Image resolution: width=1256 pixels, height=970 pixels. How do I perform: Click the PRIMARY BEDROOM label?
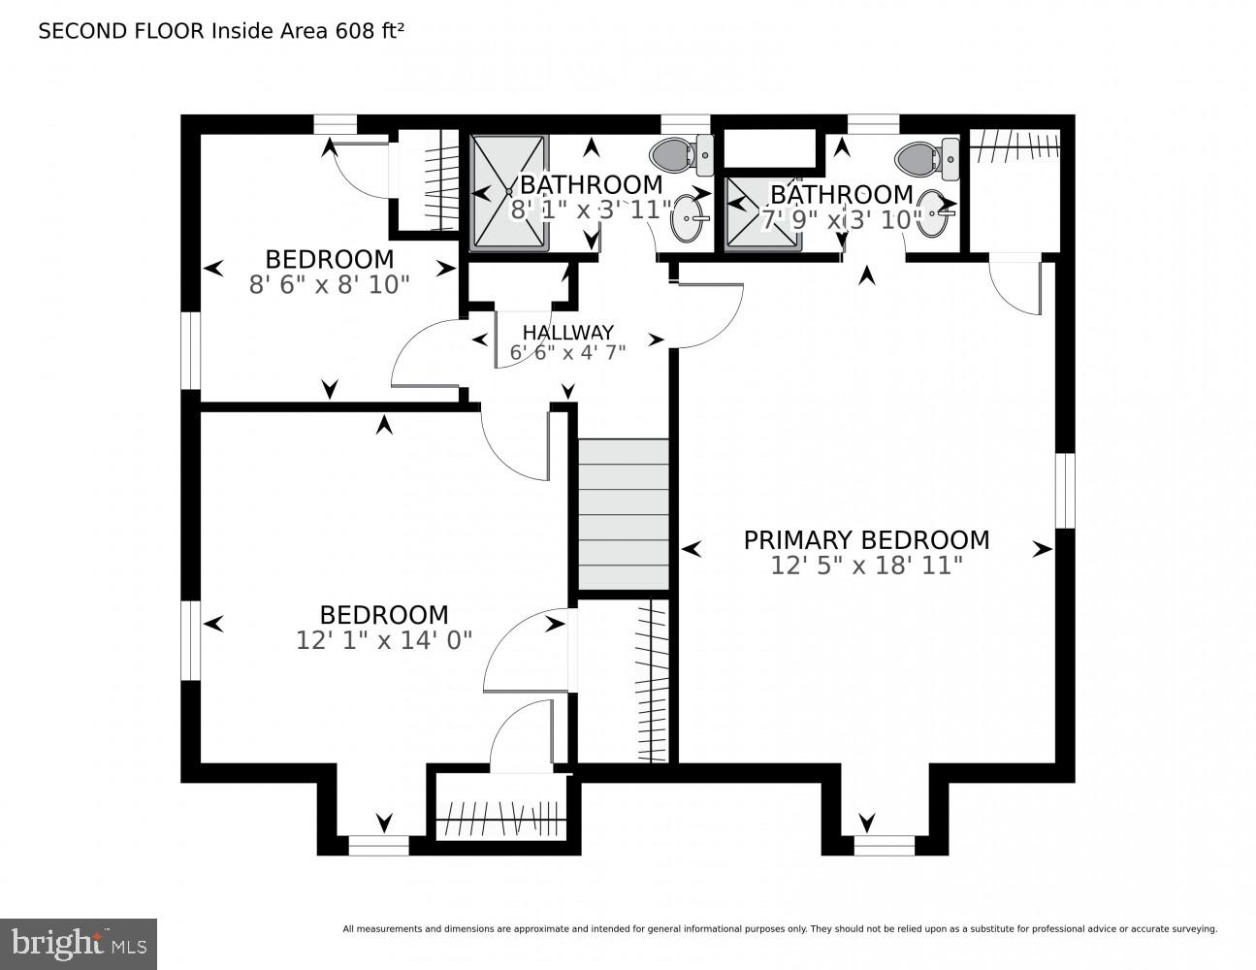(x=866, y=540)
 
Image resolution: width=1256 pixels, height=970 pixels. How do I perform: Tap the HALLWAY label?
(x=567, y=333)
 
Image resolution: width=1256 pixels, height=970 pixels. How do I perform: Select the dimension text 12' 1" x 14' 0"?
(x=384, y=640)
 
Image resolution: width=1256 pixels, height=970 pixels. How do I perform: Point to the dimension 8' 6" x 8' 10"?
(x=329, y=285)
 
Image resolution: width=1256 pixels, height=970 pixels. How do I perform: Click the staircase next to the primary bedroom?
(x=624, y=514)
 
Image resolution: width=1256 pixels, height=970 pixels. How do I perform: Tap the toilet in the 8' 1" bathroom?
(x=682, y=155)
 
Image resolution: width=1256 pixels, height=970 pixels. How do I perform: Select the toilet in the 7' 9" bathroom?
(x=927, y=158)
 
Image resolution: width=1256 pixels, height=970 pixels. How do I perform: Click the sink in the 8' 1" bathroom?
(x=688, y=219)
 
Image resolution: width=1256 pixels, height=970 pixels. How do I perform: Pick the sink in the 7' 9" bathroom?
(x=933, y=213)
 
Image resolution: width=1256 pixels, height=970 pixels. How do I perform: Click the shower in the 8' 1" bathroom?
(x=509, y=192)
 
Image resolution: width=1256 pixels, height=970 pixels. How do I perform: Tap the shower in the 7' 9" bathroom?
(x=763, y=214)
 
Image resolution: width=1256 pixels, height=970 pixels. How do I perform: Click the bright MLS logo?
(x=79, y=944)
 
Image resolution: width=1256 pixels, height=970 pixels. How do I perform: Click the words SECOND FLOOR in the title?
(x=121, y=31)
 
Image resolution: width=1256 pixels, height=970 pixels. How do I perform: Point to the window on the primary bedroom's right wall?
(x=1065, y=491)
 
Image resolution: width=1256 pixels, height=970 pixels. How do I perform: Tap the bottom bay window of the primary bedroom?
(x=885, y=846)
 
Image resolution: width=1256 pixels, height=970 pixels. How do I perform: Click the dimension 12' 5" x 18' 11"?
(x=866, y=566)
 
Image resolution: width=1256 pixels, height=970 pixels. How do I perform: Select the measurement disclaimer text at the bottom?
(x=780, y=929)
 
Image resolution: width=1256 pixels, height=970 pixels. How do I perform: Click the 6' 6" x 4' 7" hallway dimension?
(x=567, y=352)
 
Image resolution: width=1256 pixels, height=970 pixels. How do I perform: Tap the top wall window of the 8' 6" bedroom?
(x=336, y=125)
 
